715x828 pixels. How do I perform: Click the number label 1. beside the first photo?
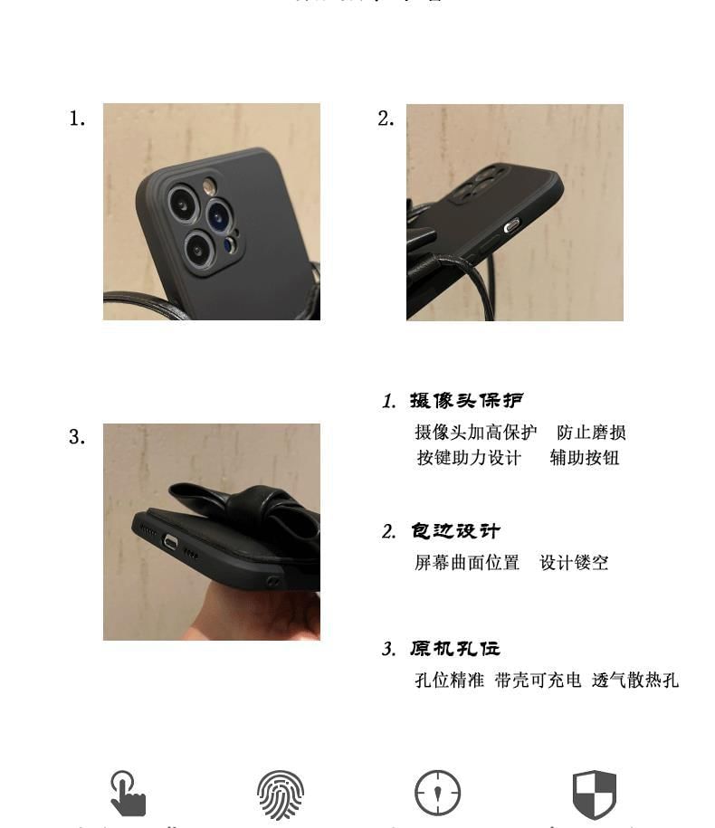pos(77,119)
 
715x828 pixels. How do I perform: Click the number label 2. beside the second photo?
pos(386,119)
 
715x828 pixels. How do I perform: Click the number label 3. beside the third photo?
pos(77,437)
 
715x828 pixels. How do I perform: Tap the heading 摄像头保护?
pos(466,400)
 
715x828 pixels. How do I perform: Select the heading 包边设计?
pos(455,531)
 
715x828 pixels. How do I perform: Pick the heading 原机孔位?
pos(455,649)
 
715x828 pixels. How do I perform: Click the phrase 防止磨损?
pos(591,433)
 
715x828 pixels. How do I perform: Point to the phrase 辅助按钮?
pos(585,458)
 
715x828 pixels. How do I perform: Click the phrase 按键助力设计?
pos(469,458)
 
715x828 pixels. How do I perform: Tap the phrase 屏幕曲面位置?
pos(467,563)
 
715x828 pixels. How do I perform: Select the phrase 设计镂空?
pos(574,563)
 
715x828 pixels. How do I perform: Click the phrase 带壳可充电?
pos(538,680)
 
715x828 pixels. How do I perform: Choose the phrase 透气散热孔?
pos(634,680)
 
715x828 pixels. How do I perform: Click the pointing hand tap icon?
pos(128,794)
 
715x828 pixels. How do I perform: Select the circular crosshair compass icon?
pos(437,795)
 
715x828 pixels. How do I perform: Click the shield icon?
pos(595,795)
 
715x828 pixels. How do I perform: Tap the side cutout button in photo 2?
pos(512,225)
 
